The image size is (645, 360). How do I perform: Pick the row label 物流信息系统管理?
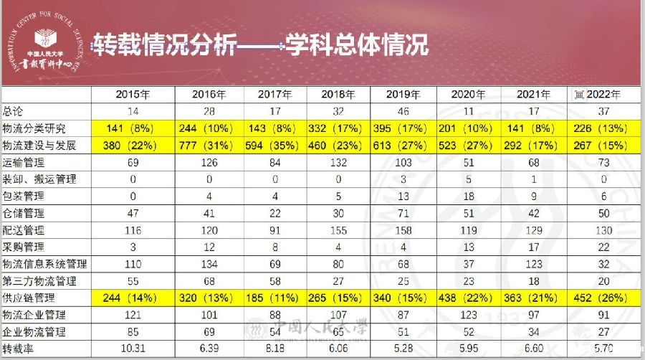point(44,265)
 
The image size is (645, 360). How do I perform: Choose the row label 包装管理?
point(24,196)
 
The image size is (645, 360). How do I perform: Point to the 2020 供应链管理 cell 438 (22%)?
point(470,298)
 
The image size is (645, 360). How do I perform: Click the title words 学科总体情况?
point(358,44)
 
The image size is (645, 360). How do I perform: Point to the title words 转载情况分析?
point(165,44)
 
